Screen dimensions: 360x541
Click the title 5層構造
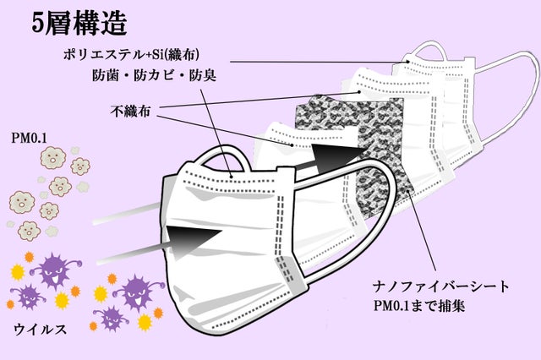pyautogui.click(x=80, y=22)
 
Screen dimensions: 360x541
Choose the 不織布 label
pyautogui.click(x=132, y=111)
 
